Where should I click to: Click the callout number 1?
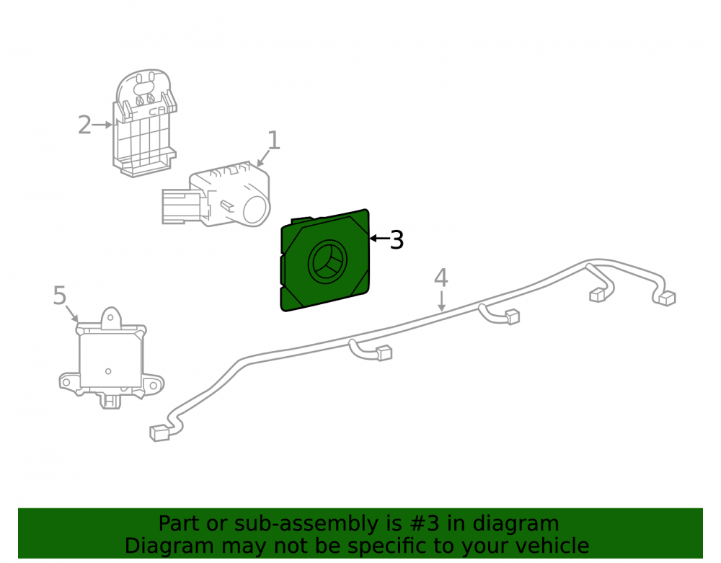273,140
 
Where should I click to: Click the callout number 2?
84,125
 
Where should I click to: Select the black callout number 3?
397,240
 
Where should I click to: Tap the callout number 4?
441,278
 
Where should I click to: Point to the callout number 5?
60,295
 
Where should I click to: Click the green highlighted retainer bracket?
325,260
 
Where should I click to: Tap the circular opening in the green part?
327,261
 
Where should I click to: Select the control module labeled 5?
111,358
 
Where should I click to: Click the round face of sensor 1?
256,210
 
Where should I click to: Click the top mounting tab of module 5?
111,318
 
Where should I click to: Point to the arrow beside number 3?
379,238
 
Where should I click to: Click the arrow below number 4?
441,301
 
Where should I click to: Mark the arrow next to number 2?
102,125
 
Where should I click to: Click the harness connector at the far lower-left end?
159,433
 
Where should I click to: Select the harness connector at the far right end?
666,298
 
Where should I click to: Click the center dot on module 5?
109,371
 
